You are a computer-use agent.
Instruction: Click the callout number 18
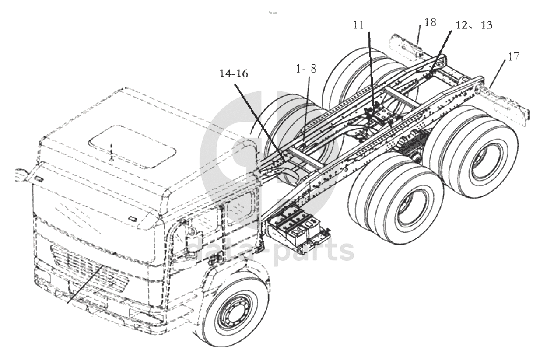point(430,22)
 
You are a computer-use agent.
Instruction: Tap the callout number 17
point(513,56)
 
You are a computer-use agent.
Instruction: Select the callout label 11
point(358,25)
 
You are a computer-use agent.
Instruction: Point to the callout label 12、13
point(474,25)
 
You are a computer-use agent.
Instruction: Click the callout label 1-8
point(306,69)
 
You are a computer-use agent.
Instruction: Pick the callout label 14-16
point(234,73)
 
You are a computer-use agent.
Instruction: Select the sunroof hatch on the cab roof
point(132,147)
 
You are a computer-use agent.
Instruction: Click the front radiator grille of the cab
point(89,270)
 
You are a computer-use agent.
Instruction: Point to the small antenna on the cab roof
point(111,153)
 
